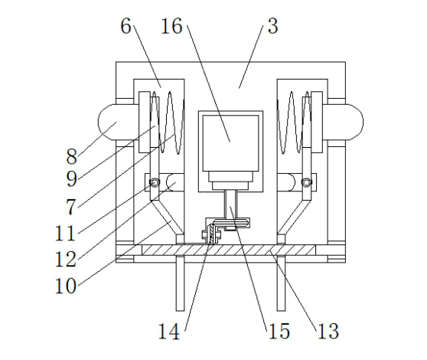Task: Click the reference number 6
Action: (125, 27)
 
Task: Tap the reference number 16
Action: (171, 27)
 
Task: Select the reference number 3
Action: (273, 27)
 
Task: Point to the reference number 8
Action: (72, 157)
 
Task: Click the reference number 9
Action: (72, 178)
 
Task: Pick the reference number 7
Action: (71, 207)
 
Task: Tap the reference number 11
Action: (65, 234)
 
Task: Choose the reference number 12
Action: (65, 259)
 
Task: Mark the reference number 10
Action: (65, 286)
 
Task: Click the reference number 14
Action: (169, 332)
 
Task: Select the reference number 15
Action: (279, 332)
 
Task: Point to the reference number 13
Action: (328, 332)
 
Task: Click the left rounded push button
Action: (108, 123)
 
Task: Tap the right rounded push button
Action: (354, 123)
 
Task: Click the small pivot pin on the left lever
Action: (155, 182)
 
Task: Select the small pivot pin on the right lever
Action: (306, 182)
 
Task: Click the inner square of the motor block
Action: (230, 143)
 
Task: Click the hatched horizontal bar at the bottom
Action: (229, 250)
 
